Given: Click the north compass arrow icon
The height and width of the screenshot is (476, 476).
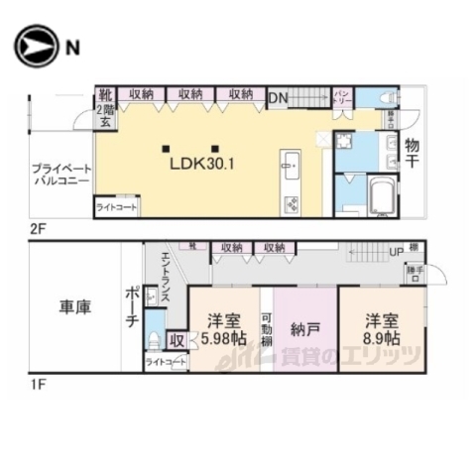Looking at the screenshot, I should [x=35, y=46].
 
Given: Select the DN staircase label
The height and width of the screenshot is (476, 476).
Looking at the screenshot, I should [x=279, y=96].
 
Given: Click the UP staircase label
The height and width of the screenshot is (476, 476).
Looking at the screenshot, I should [x=396, y=252].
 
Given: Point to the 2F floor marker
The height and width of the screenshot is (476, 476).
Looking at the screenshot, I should [x=38, y=228].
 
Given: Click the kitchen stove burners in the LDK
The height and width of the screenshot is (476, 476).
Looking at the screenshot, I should [x=293, y=205].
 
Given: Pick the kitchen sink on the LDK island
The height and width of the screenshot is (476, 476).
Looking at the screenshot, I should [x=291, y=165].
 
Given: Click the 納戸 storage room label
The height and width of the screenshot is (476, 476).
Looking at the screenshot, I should [x=303, y=328].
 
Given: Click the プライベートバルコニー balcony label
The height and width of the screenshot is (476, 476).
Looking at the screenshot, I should [x=59, y=176].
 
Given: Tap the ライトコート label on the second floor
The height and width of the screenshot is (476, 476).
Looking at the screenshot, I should [x=117, y=207].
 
